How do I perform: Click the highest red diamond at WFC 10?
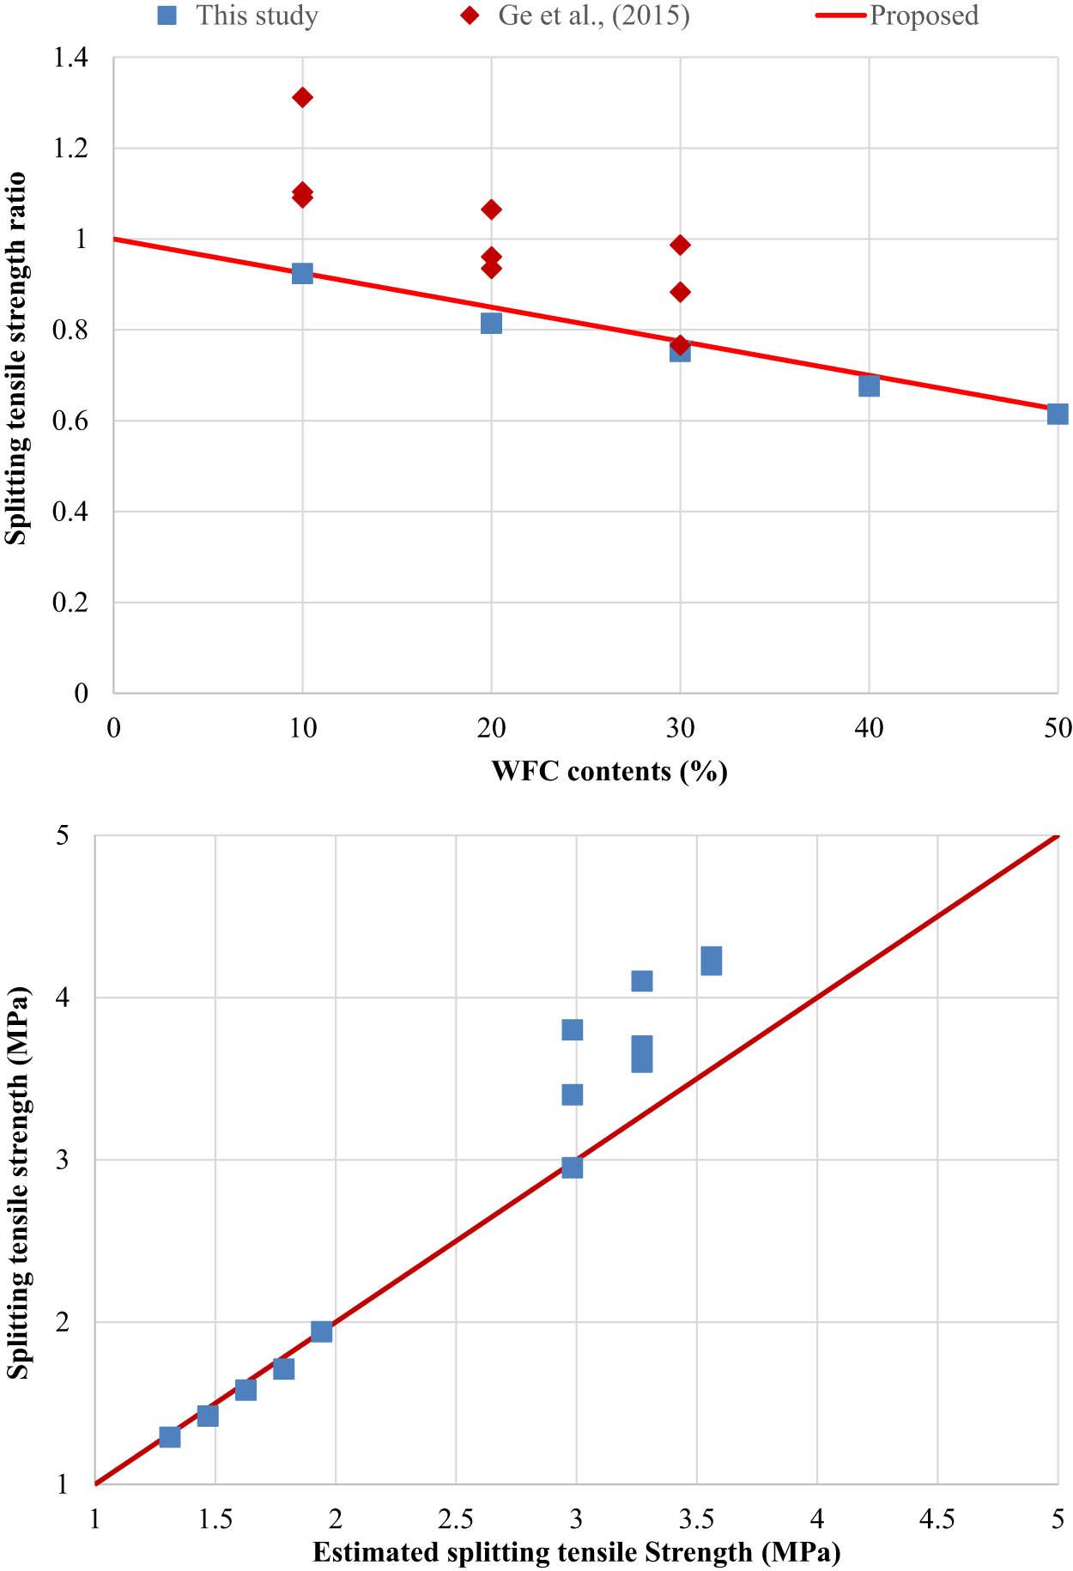click(302, 97)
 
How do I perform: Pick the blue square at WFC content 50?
click(1058, 414)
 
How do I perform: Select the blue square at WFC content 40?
click(869, 385)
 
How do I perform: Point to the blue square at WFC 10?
click(302, 274)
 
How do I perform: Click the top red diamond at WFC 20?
click(491, 209)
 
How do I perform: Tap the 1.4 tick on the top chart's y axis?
click(70, 58)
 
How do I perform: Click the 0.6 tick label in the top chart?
click(70, 421)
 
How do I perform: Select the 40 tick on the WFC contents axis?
click(869, 728)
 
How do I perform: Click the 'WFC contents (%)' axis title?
click(609, 771)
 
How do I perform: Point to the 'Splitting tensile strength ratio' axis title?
click(15, 359)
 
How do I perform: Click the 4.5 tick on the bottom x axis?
click(937, 1519)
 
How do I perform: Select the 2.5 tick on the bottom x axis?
click(456, 1519)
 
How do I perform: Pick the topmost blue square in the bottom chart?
click(712, 961)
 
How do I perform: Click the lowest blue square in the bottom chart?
click(170, 1437)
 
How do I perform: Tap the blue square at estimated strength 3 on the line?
click(573, 1168)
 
